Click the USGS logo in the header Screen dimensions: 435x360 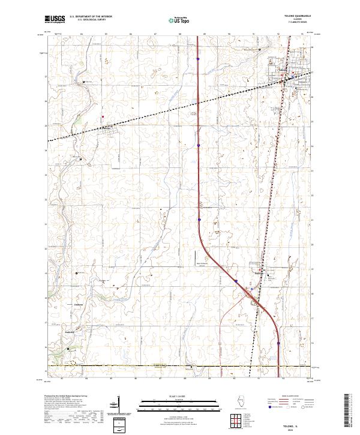coord(55,19)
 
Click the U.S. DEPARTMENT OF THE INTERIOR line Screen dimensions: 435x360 coord(91,17)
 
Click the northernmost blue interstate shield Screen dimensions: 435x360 coord(198,58)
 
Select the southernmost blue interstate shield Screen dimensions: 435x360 coord(279,344)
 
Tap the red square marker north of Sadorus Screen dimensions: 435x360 coord(103,116)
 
